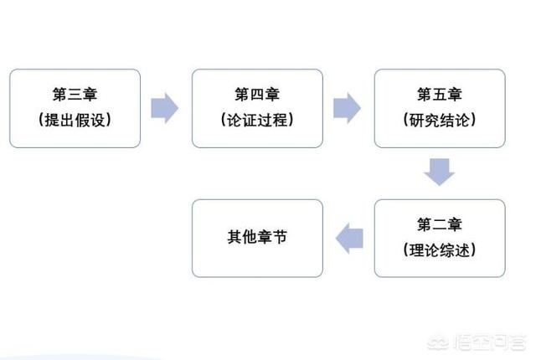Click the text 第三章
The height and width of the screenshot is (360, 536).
pyautogui.click(x=75, y=95)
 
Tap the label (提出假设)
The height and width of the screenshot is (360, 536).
pyautogui.click(x=75, y=120)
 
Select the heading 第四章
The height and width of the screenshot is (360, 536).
pyautogui.click(x=257, y=95)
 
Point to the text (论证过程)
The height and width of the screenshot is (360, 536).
pyautogui.click(x=257, y=120)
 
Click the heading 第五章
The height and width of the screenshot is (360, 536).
pyautogui.click(x=440, y=95)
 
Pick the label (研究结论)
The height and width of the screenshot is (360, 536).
pyautogui.click(x=440, y=120)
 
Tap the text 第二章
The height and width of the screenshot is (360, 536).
pyautogui.click(x=440, y=224)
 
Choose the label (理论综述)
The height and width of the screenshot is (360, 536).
pyautogui.click(x=440, y=250)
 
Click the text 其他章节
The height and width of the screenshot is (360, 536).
pyautogui.click(x=257, y=237)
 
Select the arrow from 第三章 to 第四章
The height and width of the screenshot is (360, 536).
pyautogui.click(x=164, y=108)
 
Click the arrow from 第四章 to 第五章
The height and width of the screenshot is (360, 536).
pyautogui.click(x=347, y=108)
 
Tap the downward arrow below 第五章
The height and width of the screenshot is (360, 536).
pyautogui.click(x=439, y=172)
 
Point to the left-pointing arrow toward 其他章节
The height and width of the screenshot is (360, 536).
pyautogui.click(x=349, y=239)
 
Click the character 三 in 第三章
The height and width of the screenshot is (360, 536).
pyautogui.click(x=75, y=95)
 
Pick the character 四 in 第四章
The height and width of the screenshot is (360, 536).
pyautogui.click(x=257, y=95)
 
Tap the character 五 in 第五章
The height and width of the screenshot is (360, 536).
pyautogui.click(x=440, y=95)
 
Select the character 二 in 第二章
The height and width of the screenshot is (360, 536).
pyautogui.click(x=440, y=224)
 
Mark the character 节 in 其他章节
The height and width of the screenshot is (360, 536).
pyautogui.click(x=280, y=237)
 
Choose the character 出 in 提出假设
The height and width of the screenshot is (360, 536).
pyautogui.click(x=67, y=121)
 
